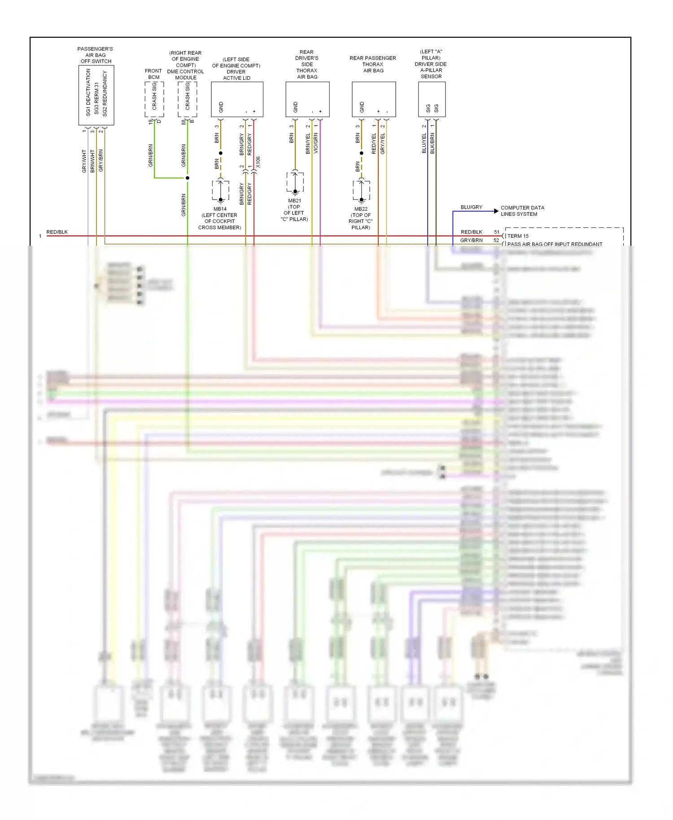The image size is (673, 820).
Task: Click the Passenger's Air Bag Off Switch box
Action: click(96, 95)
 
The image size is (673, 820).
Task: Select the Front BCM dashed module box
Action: click(154, 100)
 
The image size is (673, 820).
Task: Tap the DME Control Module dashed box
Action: click(187, 100)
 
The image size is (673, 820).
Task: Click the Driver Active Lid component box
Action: click(237, 99)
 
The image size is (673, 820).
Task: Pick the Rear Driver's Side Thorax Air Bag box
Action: click(307, 99)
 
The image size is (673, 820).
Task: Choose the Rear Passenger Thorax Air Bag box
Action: click(373, 99)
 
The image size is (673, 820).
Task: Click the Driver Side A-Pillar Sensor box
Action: click(432, 99)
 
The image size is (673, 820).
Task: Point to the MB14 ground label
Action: click(220, 209)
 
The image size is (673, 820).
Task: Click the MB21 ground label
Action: click(295, 201)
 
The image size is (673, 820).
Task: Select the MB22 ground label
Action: click(361, 209)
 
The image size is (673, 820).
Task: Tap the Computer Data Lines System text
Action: click(522, 211)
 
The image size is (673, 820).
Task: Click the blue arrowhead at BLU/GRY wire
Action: click(496, 211)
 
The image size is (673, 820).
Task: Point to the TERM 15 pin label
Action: click(518, 236)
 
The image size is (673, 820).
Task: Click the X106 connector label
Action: click(258, 162)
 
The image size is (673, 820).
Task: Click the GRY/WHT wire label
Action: click(84, 161)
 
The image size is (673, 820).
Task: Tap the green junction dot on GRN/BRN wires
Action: click(188, 178)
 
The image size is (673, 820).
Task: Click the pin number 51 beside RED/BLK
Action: click(497, 232)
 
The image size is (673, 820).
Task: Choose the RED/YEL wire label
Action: click(374, 144)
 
